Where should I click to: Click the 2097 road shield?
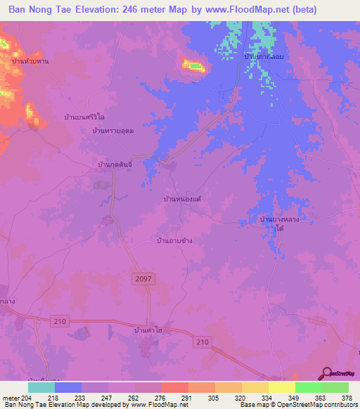pyautogui.click(x=141, y=279)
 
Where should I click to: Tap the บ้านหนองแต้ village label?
pyautogui.click(x=182, y=200)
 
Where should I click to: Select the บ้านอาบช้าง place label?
pyautogui.click(x=174, y=240)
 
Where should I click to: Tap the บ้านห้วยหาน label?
pyautogui.click(x=30, y=62)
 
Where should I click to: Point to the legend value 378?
pyautogui.click(x=347, y=397)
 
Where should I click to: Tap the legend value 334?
pyautogui.click(x=267, y=397)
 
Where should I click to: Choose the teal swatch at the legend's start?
pyautogui.click(x=41, y=387)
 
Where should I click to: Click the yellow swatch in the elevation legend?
pyautogui.click(x=281, y=387)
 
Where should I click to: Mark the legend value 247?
pyautogui.click(x=108, y=397)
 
